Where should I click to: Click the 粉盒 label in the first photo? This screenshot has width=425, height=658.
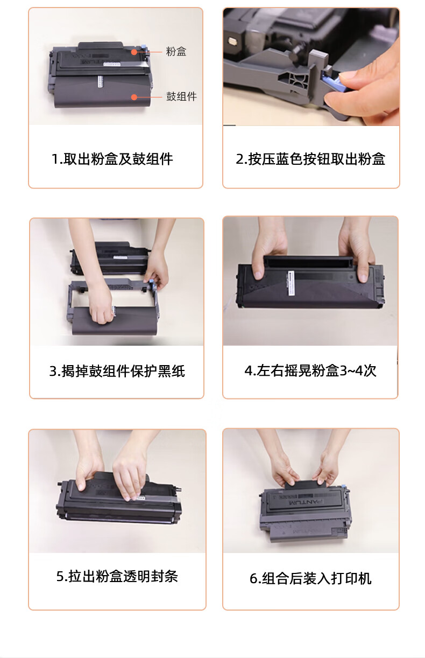click(176, 52)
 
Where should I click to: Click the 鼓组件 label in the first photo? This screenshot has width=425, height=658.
click(181, 96)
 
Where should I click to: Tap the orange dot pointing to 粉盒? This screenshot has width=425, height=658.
click(134, 52)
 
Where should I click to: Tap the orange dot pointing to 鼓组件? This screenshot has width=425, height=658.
click(134, 97)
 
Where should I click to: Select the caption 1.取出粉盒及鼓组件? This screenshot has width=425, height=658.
click(112, 159)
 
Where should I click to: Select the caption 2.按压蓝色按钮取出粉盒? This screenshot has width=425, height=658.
click(310, 159)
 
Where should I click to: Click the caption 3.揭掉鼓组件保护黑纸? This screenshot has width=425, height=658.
click(117, 371)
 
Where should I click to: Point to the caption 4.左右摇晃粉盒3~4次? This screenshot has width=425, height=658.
click(310, 370)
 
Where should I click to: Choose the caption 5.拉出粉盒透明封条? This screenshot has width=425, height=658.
click(117, 576)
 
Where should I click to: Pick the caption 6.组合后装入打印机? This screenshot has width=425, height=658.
click(310, 578)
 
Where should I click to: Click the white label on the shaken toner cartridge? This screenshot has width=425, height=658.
click(291, 283)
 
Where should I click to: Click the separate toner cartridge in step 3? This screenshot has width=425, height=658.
click(109, 258)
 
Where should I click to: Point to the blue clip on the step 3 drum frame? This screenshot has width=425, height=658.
click(152, 285)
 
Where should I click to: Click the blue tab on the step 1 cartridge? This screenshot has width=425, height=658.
click(144, 47)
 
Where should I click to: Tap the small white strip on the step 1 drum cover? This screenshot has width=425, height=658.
click(100, 81)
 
